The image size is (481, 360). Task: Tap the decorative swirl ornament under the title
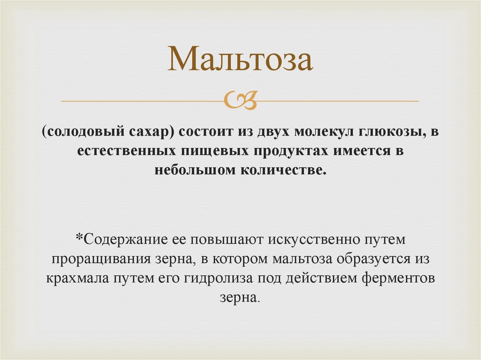point(240,100)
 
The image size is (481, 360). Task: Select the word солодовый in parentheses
point(86,133)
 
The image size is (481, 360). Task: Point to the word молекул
point(321,133)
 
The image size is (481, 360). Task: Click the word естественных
point(124,151)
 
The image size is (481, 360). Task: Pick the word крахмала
point(78,278)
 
